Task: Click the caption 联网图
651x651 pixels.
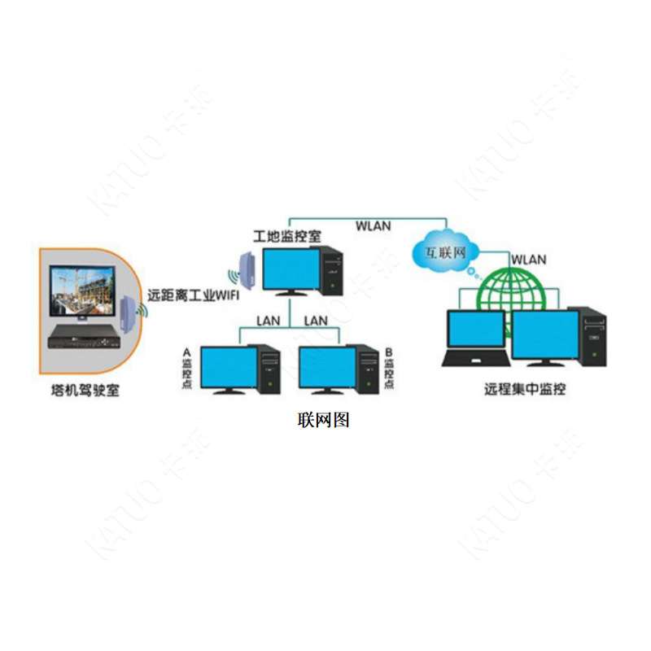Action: click(x=323, y=420)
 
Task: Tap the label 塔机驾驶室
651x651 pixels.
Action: click(x=85, y=391)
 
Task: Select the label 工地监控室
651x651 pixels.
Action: click(x=287, y=236)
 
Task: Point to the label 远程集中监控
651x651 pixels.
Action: click(x=525, y=389)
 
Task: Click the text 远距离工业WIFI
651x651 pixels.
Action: click(x=194, y=295)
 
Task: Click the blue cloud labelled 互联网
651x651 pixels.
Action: click(x=445, y=251)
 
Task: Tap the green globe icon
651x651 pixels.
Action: click(x=510, y=290)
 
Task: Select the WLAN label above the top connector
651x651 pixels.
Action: click(x=374, y=226)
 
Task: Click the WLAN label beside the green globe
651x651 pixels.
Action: click(x=528, y=260)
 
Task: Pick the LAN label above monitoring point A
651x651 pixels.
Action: click(x=269, y=321)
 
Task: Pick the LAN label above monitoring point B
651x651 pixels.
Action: click(x=316, y=321)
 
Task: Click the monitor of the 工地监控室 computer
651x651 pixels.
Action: click(x=291, y=271)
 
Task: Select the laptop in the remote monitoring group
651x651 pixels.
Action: click(x=476, y=338)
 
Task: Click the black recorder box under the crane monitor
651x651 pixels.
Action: click(x=85, y=336)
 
